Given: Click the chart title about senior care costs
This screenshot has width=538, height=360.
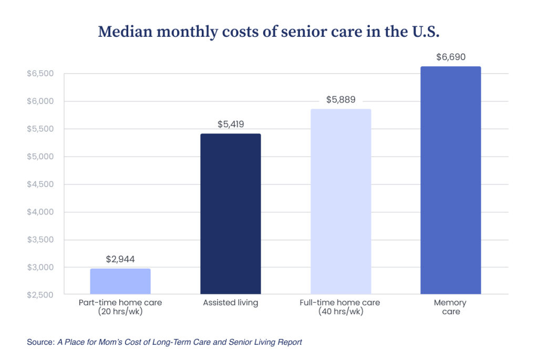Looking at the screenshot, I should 268,32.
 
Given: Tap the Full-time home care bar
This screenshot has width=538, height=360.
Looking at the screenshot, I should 340,201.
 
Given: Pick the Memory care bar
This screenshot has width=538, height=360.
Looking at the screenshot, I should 451,180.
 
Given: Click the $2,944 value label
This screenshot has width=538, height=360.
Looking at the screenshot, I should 120,259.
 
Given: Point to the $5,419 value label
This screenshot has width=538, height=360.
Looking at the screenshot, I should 231,125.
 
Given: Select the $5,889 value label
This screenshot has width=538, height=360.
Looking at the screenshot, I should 340,99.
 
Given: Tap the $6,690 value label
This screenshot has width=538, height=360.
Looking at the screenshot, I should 451,57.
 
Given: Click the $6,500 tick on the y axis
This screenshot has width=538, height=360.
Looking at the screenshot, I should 40,74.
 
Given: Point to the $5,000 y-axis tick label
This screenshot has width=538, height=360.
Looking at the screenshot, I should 40,157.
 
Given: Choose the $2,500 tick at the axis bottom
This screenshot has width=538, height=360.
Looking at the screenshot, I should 40,295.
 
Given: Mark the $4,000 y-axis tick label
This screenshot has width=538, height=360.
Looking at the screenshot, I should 40,212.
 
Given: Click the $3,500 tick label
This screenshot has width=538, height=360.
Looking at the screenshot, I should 40,240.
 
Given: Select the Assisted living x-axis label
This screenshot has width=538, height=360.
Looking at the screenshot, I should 231,303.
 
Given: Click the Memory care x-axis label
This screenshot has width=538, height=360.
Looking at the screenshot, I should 451,307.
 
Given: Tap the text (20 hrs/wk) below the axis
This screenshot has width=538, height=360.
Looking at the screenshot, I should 120,312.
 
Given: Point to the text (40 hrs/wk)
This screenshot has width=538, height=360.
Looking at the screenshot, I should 340,312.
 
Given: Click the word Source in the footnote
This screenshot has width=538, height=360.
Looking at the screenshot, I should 40,342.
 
